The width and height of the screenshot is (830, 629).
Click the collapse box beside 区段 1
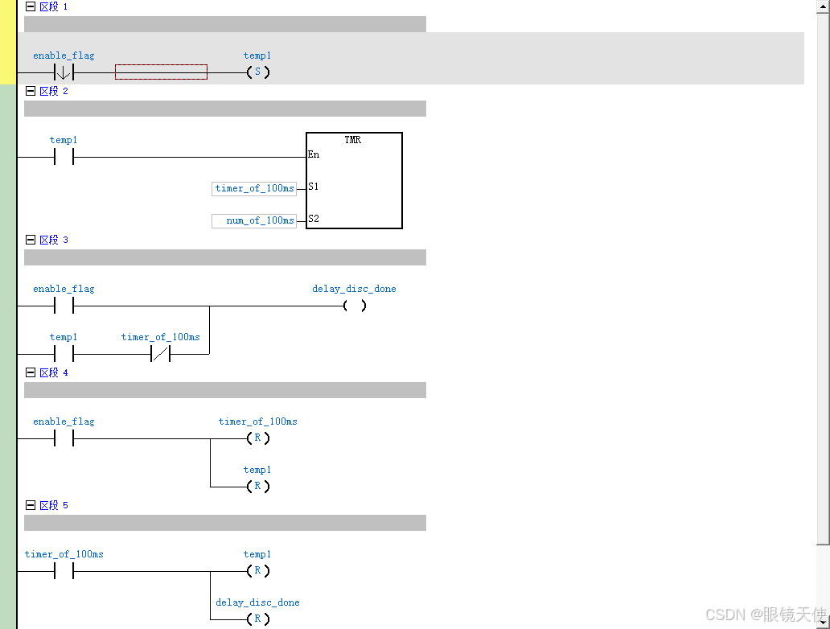point(31,6)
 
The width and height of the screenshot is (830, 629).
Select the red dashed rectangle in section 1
point(161,72)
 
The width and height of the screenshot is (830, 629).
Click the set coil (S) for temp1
point(257,72)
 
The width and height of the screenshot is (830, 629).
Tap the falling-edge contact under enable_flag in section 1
point(64,72)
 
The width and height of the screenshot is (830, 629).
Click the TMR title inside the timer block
point(352,140)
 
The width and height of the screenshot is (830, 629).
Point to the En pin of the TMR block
point(314,154)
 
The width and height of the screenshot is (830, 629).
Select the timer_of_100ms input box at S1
point(254,188)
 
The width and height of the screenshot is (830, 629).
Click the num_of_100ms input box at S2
point(254,220)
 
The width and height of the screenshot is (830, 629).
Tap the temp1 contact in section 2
point(64,157)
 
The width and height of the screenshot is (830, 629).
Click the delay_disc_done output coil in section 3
point(354,306)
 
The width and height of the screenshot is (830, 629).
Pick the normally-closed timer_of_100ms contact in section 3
point(160,354)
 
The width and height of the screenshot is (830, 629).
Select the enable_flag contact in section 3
point(64,306)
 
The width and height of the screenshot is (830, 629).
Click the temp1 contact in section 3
point(64,354)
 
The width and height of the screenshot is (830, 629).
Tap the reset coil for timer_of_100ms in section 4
point(257,438)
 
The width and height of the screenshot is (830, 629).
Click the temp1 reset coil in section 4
point(257,487)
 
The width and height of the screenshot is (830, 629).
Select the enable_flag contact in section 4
point(64,438)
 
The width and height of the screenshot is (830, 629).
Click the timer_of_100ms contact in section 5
point(64,571)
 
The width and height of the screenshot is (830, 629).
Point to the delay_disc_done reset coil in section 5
point(257,619)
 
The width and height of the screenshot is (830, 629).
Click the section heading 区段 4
point(54,372)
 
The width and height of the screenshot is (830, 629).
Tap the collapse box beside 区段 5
point(31,505)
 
